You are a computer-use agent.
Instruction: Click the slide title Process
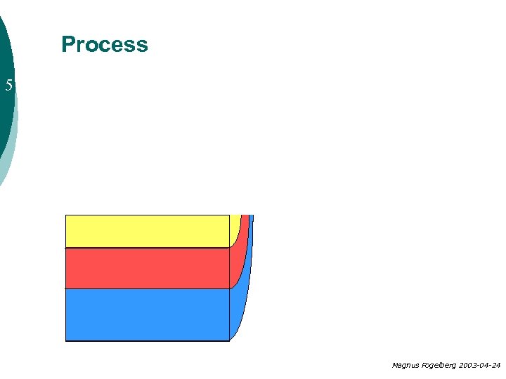pyautogui.click(x=105, y=44)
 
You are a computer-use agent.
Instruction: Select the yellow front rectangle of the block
pyautogui.click(x=147, y=231)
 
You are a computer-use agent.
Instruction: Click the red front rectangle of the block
pyautogui.click(x=147, y=268)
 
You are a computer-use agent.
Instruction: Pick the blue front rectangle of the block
pyautogui.click(x=147, y=314)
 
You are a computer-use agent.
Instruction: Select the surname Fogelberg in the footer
pyautogui.click(x=439, y=366)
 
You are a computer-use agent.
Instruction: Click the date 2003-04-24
pyautogui.click(x=479, y=366)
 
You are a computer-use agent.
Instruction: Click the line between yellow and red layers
pyautogui.click(x=147, y=248)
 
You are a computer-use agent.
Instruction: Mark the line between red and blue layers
pyautogui.click(x=147, y=288)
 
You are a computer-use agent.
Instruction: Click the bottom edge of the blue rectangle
pyautogui.click(x=147, y=340)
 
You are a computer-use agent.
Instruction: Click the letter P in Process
pyautogui.click(x=68, y=44)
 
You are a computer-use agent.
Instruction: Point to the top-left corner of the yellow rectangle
pyautogui.click(x=65, y=215)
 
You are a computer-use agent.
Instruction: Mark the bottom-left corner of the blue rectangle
pyautogui.click(x=65, y=340)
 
